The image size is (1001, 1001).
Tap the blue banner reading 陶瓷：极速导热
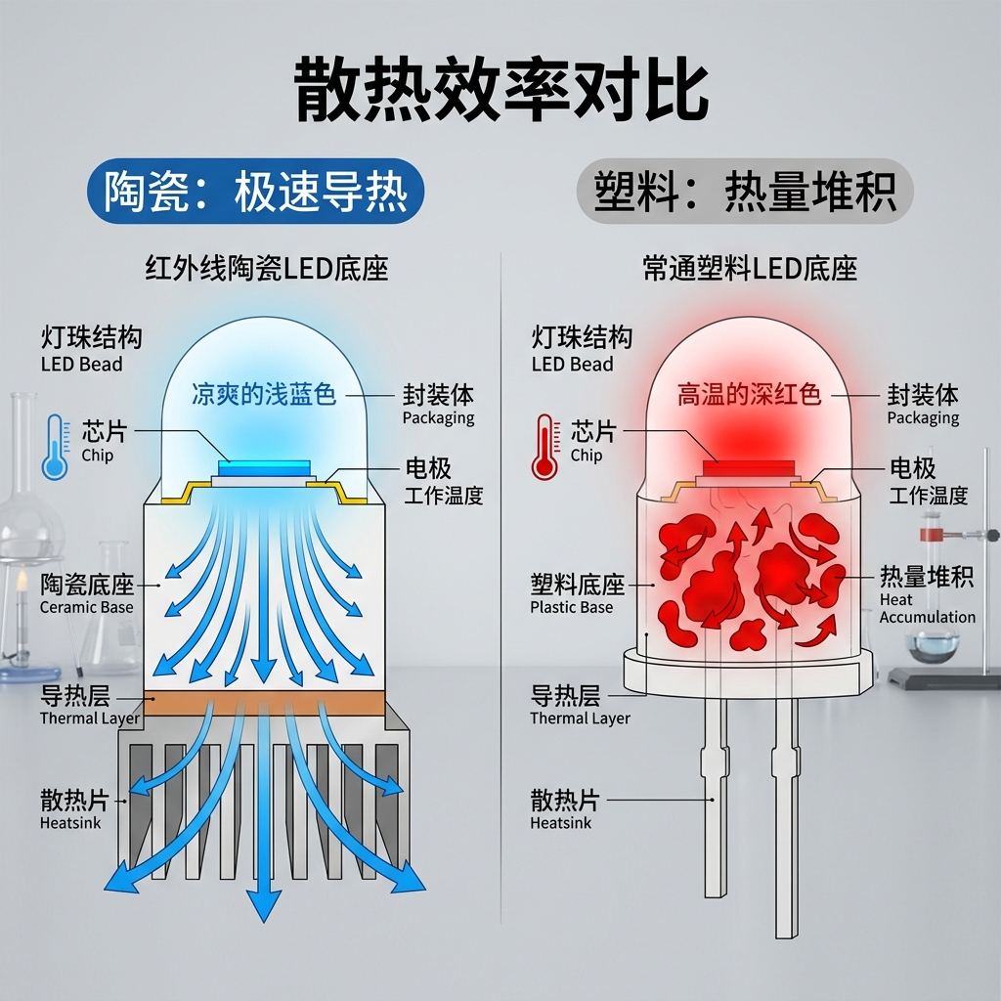click(255, 192)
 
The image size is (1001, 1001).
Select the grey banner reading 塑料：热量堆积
click(744, 192)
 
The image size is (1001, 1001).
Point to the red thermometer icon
click(544, 447)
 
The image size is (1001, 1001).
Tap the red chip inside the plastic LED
click(751, 466)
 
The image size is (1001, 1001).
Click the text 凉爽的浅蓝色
click(264, 395)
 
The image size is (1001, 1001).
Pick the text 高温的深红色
click(750, 395)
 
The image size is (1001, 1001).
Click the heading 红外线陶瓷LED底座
click(266, 269)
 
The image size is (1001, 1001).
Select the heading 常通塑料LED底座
click(750, 269)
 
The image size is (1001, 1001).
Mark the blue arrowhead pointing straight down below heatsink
click(262, 908)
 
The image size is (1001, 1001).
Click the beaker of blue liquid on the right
click(931, 645)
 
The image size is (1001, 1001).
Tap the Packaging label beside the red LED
click(923, 405)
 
